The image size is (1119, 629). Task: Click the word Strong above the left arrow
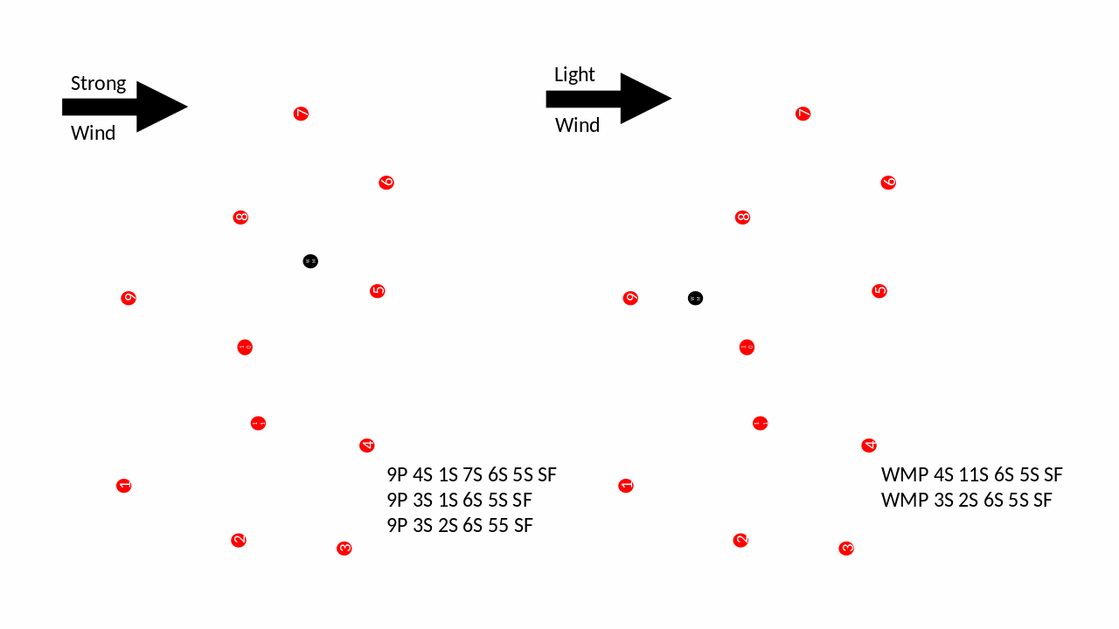(98, 84)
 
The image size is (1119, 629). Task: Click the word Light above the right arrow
(574, 75)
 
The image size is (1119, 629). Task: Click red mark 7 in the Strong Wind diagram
(301, 114)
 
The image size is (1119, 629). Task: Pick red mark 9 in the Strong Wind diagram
(129, 298)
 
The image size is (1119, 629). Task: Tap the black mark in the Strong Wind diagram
(310, 261)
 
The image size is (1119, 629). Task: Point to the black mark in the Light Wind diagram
(695, 298)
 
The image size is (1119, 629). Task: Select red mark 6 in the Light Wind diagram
(888, 183)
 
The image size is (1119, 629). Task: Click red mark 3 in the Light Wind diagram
(846, 549)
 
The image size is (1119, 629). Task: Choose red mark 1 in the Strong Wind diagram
(124, 486)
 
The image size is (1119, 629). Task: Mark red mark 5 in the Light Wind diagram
(879, 291)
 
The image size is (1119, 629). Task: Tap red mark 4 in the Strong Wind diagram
(367, 446)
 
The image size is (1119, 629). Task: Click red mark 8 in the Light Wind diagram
(742, 218)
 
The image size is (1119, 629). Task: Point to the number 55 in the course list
(498, 526)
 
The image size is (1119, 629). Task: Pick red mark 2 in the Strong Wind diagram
(239, 540)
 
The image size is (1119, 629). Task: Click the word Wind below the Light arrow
(577, 125)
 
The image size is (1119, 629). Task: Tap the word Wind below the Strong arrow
(93, 134)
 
